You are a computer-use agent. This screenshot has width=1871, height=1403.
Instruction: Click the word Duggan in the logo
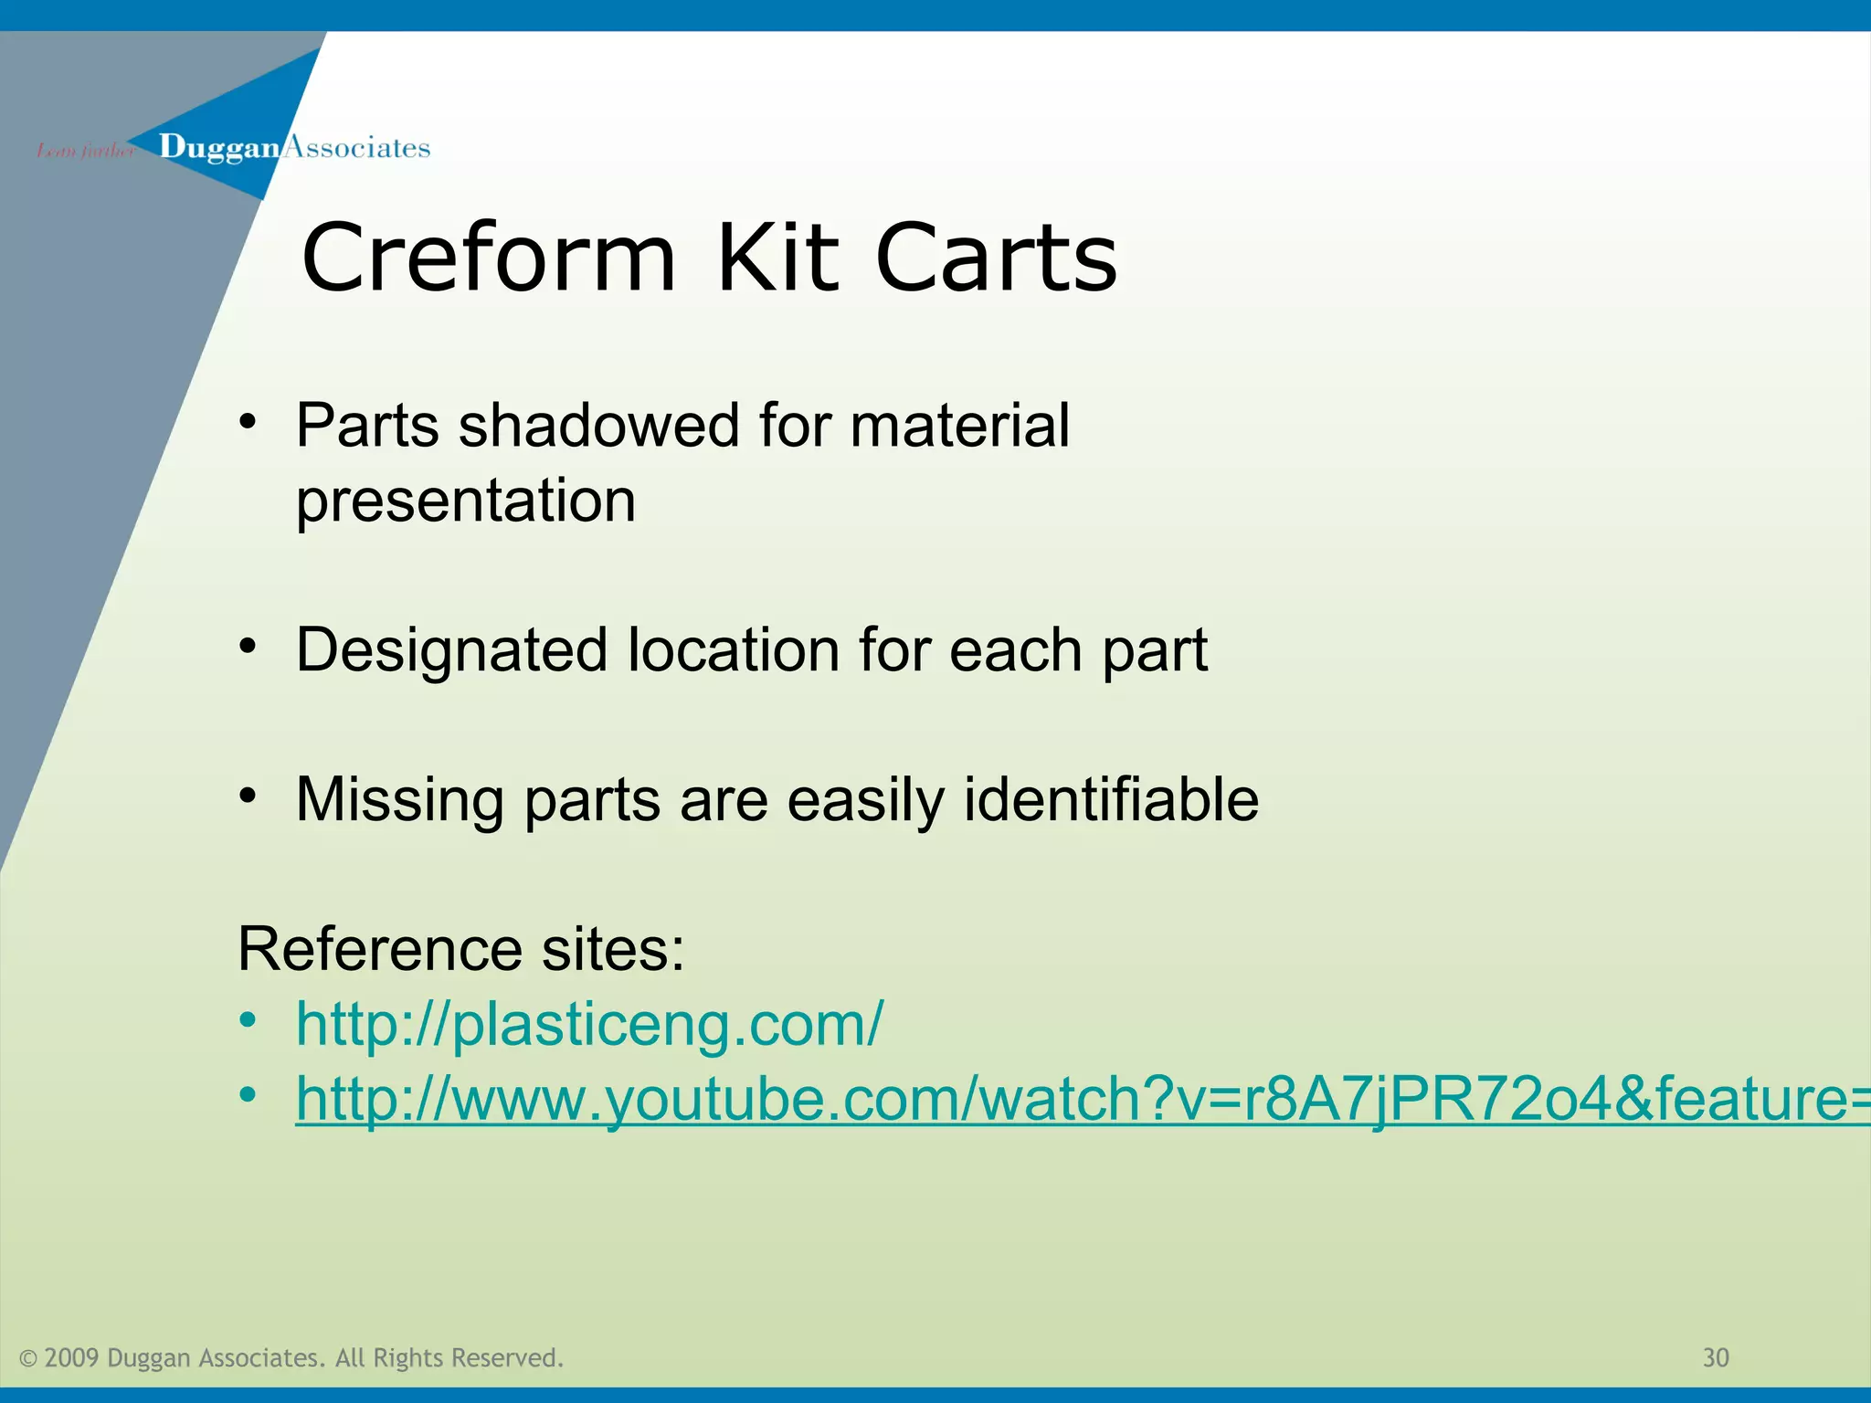219,148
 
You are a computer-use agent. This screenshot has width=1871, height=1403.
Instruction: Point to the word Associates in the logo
357,148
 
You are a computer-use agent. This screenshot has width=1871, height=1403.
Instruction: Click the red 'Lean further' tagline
85,151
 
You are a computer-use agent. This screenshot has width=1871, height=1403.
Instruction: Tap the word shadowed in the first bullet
598,426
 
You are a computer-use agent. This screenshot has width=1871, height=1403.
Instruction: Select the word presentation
466,501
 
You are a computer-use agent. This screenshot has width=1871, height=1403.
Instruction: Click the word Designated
452,650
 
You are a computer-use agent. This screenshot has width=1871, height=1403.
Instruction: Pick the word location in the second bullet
734,650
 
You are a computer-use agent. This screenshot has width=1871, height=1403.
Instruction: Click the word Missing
400,800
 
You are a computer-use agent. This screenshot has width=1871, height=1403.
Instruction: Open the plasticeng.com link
589,1024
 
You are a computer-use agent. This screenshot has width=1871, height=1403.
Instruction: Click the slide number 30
1716,1358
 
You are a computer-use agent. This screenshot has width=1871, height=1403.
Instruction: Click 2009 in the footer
71,1358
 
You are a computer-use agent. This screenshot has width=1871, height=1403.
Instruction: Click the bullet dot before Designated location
248,646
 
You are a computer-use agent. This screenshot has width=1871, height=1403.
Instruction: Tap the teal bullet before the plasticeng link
248,1019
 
